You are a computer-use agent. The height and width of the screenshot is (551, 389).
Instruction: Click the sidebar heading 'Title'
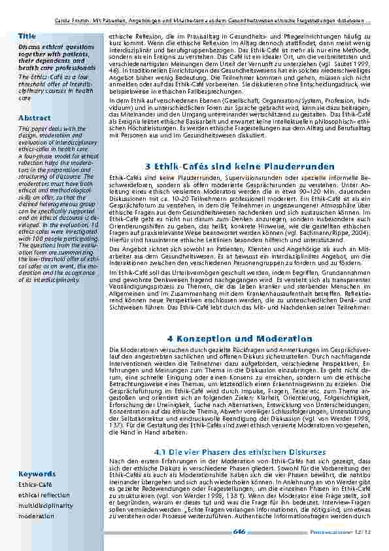[27, 35]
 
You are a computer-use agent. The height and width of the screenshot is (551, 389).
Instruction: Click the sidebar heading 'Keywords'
[36, 473]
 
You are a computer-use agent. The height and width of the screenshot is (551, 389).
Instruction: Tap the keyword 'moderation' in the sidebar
[36, 516]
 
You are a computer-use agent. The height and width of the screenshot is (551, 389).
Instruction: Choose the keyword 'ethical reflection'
[44, 495]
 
